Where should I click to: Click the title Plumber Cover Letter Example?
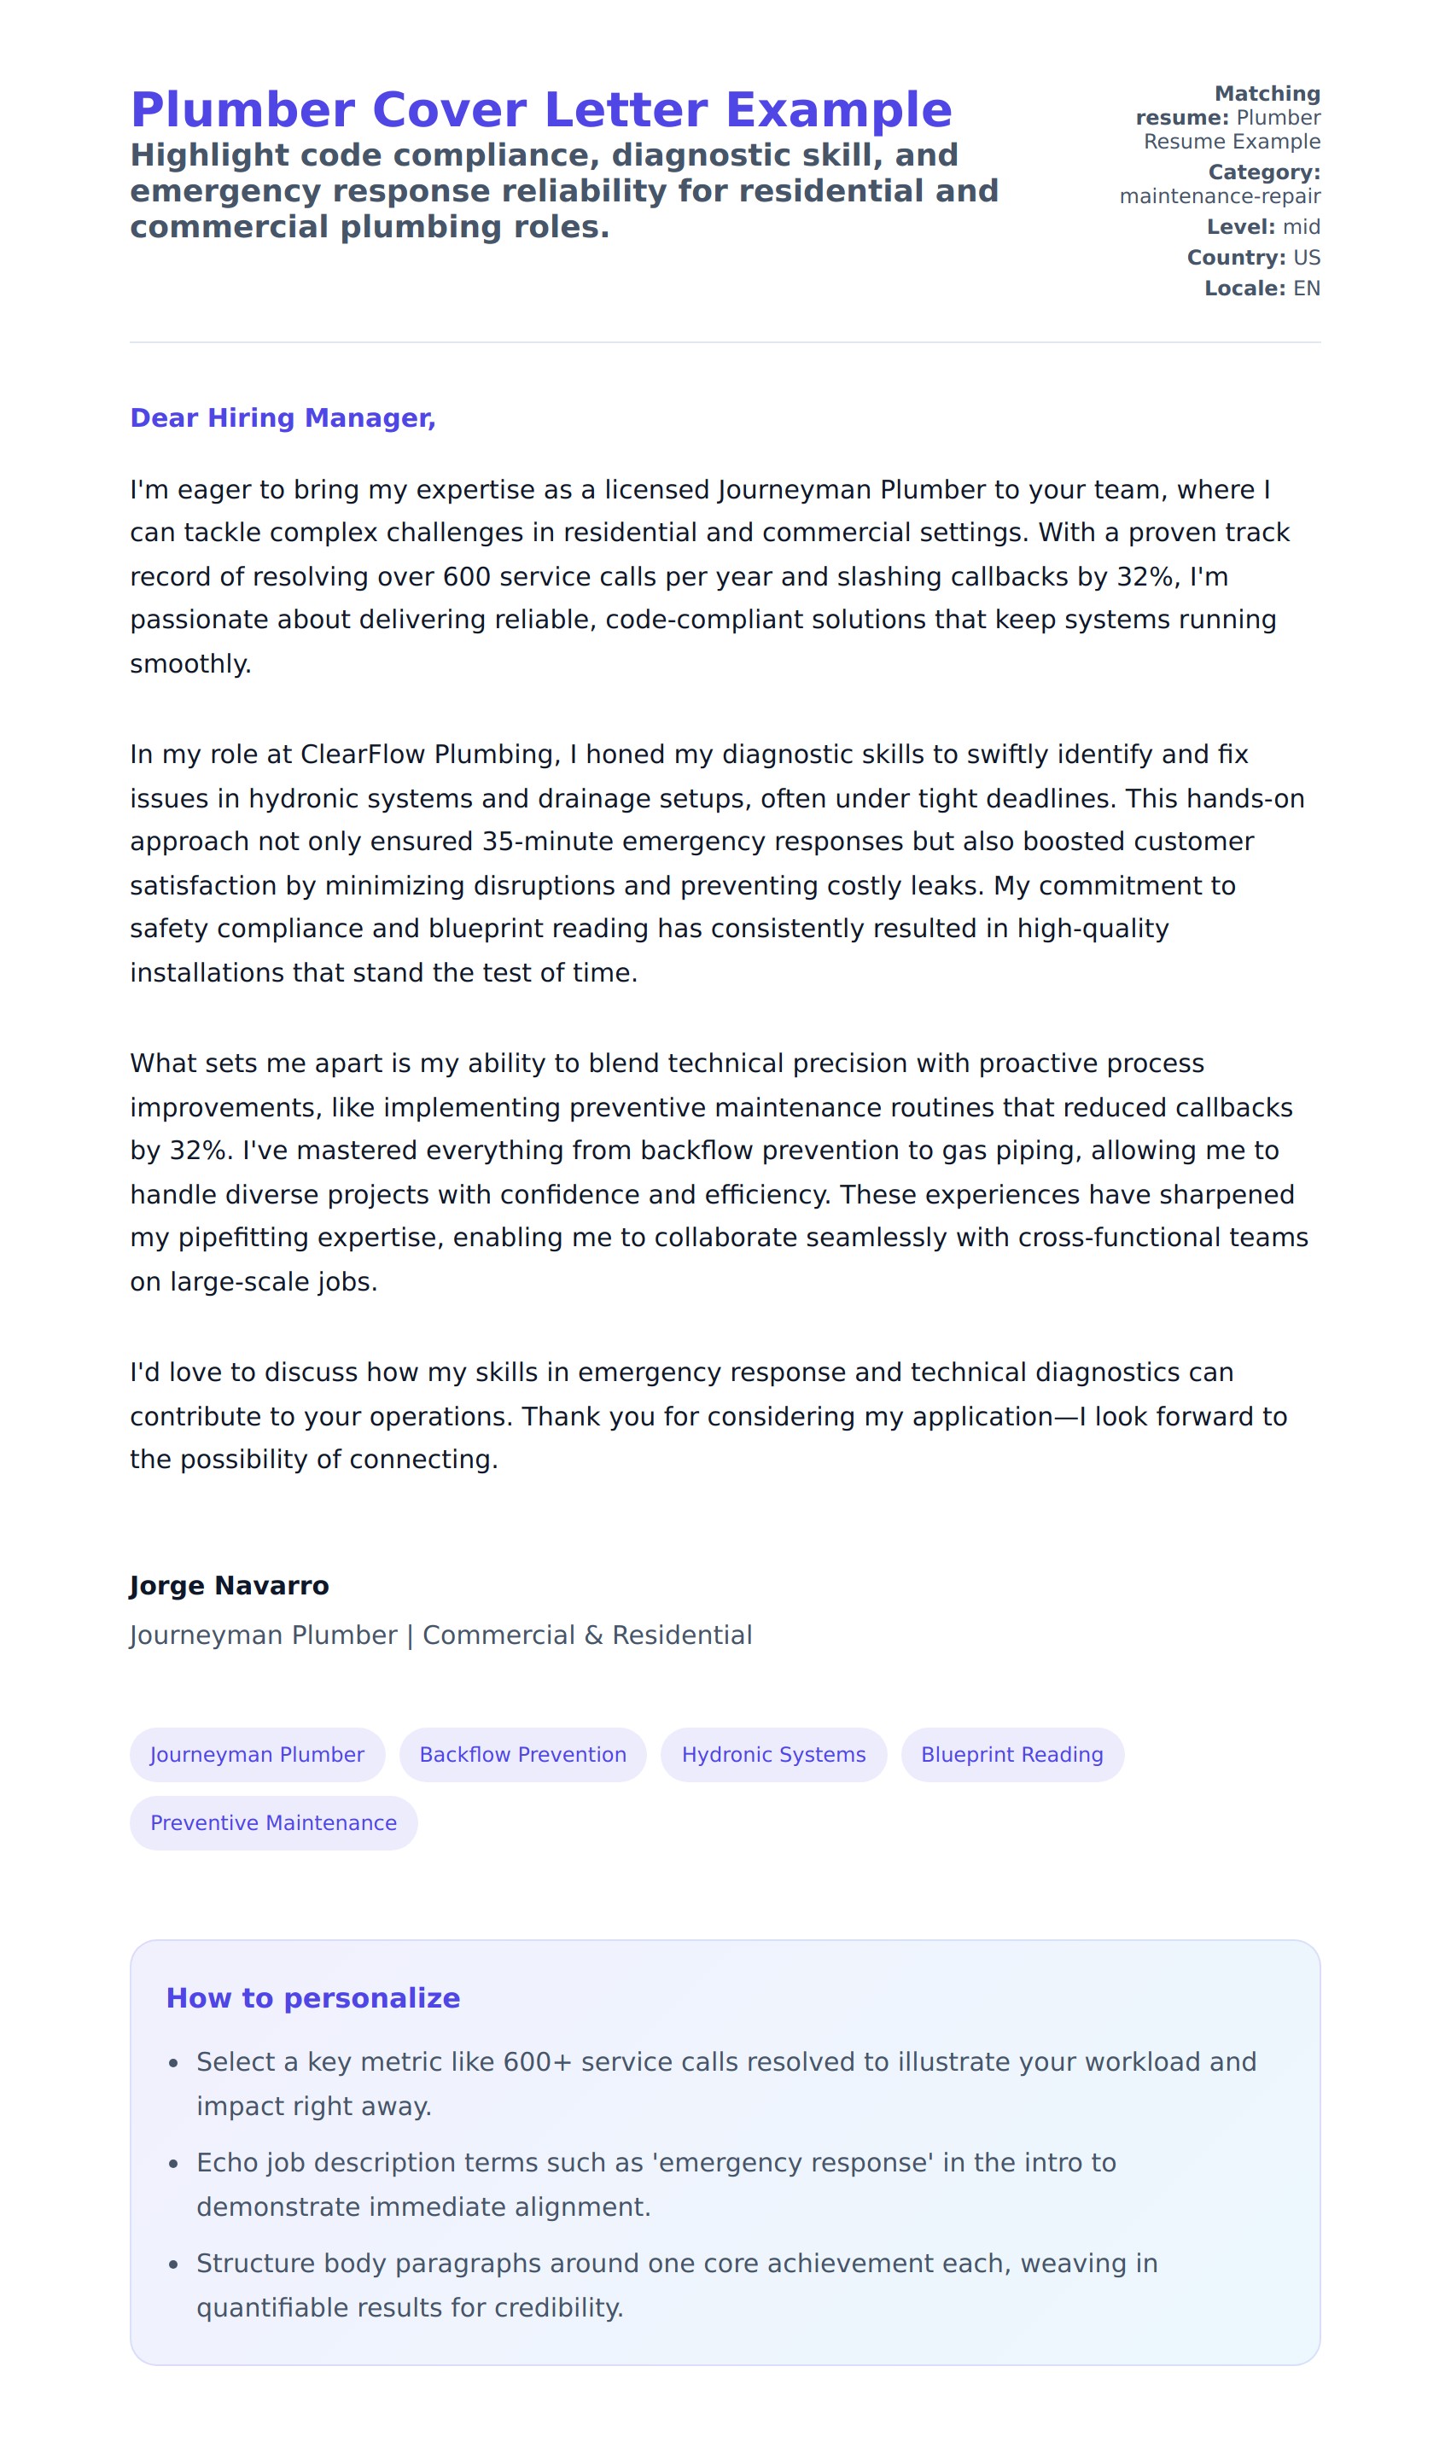point(540,109)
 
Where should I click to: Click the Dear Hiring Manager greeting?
point(283,417)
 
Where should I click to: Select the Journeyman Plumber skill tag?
point(257,1754)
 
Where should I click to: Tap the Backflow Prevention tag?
point(523,1754)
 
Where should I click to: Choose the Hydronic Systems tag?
point(773,1754)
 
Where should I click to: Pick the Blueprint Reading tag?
point(1012,1754)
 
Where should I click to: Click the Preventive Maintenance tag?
point(274,1822)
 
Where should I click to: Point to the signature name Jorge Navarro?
point(229,1585)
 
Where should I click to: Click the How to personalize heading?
point(313,1997)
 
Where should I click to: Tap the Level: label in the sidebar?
point(1241,227)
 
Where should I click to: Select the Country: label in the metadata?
point(1236,257)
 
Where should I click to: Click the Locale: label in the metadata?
point(1244,289)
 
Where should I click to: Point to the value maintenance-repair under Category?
point(1220,196)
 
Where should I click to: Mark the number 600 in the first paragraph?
point(466,577)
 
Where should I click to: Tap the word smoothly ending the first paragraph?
point(189,664)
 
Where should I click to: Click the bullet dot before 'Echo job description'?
point(173,2165)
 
